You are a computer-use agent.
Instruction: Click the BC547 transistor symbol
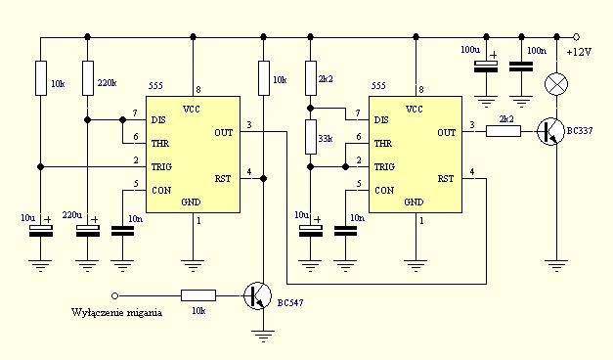tap(258, 295)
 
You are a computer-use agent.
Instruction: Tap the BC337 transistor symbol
tap(550, 131)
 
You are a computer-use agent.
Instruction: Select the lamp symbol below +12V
tap(556, 84)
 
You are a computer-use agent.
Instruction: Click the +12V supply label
tap(579, 52)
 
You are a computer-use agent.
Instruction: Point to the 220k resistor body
tap(88, 78)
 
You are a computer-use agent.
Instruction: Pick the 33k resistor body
tap(310, 137)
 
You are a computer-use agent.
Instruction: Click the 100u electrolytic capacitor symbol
tap(486, 67)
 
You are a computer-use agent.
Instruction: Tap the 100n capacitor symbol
tap(521, 67)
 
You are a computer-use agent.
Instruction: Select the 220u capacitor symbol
tap(88, 231)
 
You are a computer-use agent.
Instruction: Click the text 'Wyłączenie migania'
tap(116, 312)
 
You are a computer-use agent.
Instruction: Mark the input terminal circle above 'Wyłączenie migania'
tap(114, 295)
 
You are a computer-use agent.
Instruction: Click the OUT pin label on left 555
tap(223, 133)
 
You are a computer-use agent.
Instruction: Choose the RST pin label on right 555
tap(445, 178)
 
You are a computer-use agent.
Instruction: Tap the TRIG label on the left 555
tap(161, 166)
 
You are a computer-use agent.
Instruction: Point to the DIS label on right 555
tap(380, 119)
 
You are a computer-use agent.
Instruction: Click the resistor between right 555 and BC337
tap(504, 131)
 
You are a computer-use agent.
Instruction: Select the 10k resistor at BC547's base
tap(198, 295)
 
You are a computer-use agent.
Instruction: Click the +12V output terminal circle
tap(576, 37)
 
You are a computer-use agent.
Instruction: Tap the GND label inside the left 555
tap(191, 202)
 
